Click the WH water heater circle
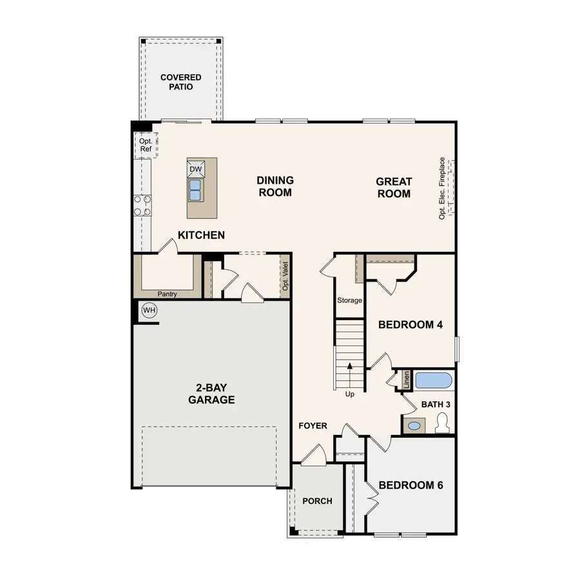click(150, 311)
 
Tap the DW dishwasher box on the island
click(197, 169)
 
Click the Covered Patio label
click(181, 82)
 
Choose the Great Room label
click(394, 188)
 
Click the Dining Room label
click(275, 186)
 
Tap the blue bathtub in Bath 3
click(434, 380)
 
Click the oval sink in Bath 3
click(414, 425)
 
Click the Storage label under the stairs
click(350, 300)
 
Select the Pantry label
click(166, 295)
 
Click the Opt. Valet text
click(285, 276)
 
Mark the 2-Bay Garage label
click(211, 394)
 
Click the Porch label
click(317, 501)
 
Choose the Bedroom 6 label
click(411, 485)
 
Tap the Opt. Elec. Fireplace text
click(443, 188)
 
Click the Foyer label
click(313, 426)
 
